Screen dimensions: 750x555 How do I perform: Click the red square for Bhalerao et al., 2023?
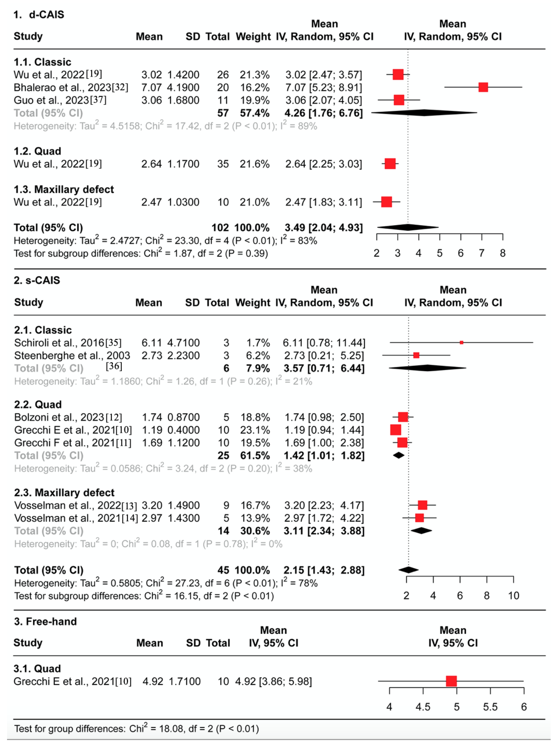[x=483, y=87]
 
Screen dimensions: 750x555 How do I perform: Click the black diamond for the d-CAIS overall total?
[x=408, y=227]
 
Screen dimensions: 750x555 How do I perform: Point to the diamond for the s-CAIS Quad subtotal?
[x=399, y=455]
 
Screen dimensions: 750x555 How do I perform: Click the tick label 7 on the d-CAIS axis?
[x=481, y=253]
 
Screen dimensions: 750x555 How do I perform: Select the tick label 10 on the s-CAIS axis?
[x=513, y=596]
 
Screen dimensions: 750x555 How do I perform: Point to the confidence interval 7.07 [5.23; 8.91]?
[x=324, y=87]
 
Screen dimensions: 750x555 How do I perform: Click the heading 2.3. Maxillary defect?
[x=64, y=493]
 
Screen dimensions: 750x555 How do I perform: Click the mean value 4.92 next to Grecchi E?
[x=153, y=681]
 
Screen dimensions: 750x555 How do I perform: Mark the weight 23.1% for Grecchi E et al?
[x=255, y=430]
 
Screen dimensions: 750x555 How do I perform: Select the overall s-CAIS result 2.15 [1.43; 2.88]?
[x=324, y=570]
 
